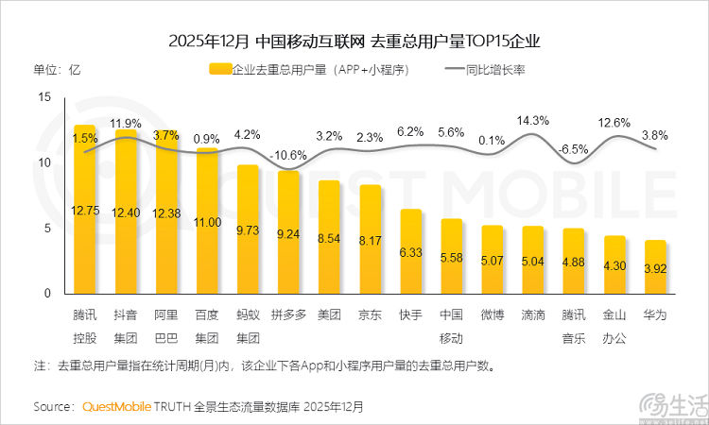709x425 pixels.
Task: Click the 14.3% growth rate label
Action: point(533,121)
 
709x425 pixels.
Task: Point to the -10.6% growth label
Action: point(288,155)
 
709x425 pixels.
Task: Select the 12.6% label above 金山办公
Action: point(614,123)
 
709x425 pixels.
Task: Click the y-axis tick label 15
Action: point(44,97)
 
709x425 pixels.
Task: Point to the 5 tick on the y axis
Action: point(47,228)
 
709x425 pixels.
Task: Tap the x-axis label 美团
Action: point(329,312)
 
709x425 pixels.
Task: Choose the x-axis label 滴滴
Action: point(533,312)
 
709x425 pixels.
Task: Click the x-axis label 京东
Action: point(370,312)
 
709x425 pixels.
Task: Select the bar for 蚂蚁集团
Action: point(248,229)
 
